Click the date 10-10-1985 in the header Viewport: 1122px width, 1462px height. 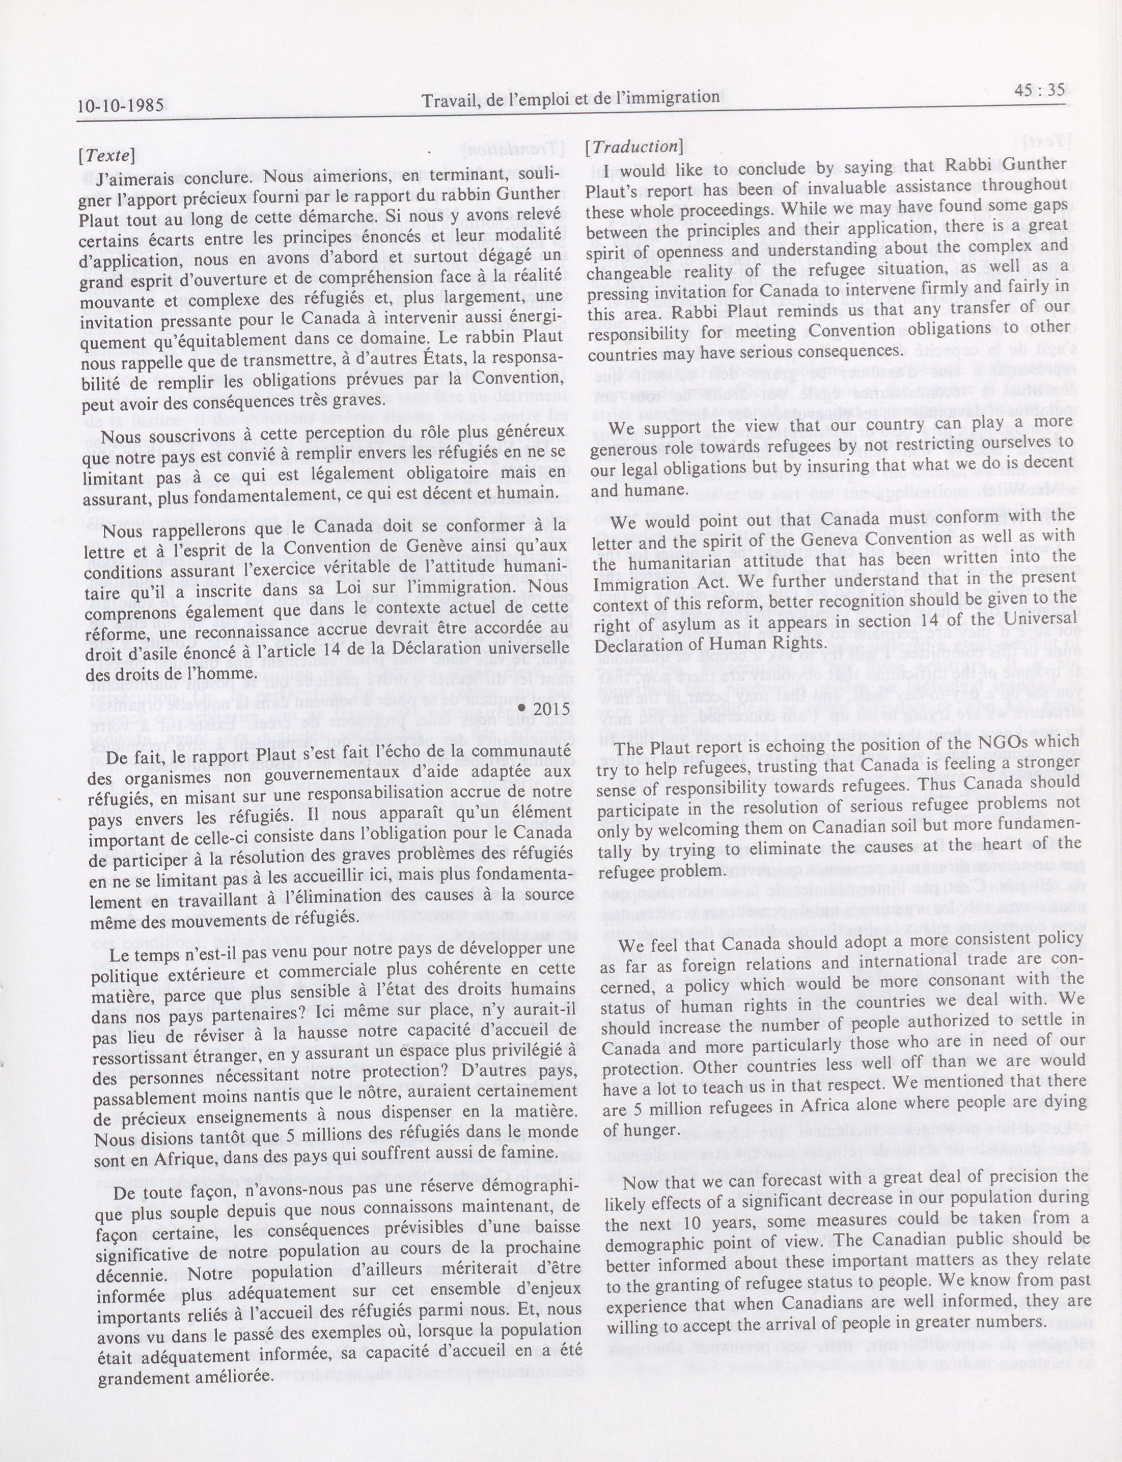119,106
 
